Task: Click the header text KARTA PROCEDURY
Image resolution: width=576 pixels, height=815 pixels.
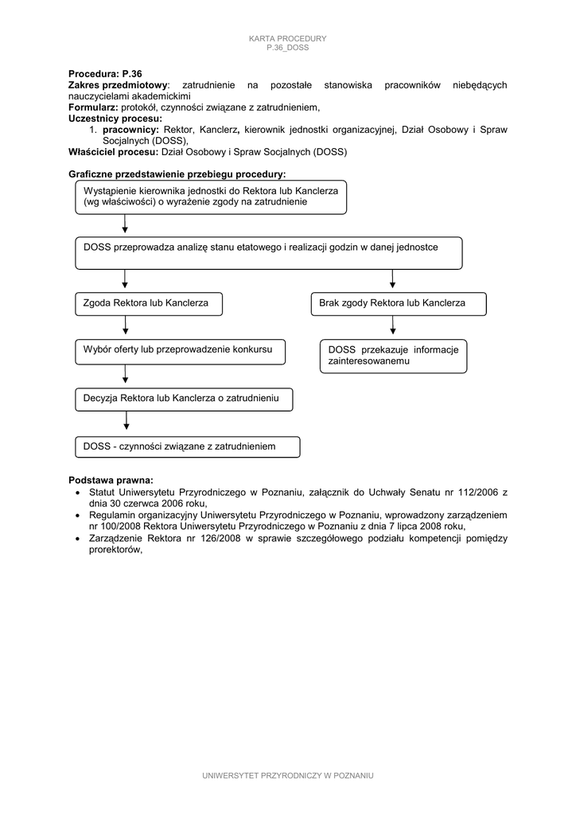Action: [288, 39]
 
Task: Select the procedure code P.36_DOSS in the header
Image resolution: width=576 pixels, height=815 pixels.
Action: [288, 48]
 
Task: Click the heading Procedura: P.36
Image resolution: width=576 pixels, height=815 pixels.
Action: [105, 73]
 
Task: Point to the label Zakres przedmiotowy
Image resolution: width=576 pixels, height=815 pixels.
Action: [119, 84]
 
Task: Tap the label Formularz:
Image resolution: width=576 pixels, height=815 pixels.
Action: [93, 107]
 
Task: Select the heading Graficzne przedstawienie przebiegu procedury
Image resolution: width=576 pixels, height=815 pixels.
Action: [177, 174]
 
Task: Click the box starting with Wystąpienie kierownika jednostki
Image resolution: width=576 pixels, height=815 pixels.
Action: [212, 197]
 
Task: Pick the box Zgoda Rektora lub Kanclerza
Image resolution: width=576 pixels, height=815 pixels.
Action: [149, 303]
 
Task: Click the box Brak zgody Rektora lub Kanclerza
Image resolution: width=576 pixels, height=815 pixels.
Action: [398, 303]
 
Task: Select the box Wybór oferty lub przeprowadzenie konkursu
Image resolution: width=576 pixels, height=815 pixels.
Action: [180, 350]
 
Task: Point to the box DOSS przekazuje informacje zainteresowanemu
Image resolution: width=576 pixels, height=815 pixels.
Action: [394, 357]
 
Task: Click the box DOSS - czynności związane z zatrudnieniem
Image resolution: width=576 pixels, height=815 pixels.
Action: [188, 446]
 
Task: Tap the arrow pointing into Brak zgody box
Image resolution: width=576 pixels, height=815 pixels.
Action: [392, 280]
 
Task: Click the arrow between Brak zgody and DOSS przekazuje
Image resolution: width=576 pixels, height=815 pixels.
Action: [392, 327]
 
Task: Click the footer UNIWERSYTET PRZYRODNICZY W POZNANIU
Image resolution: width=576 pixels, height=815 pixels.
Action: [288, 775]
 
